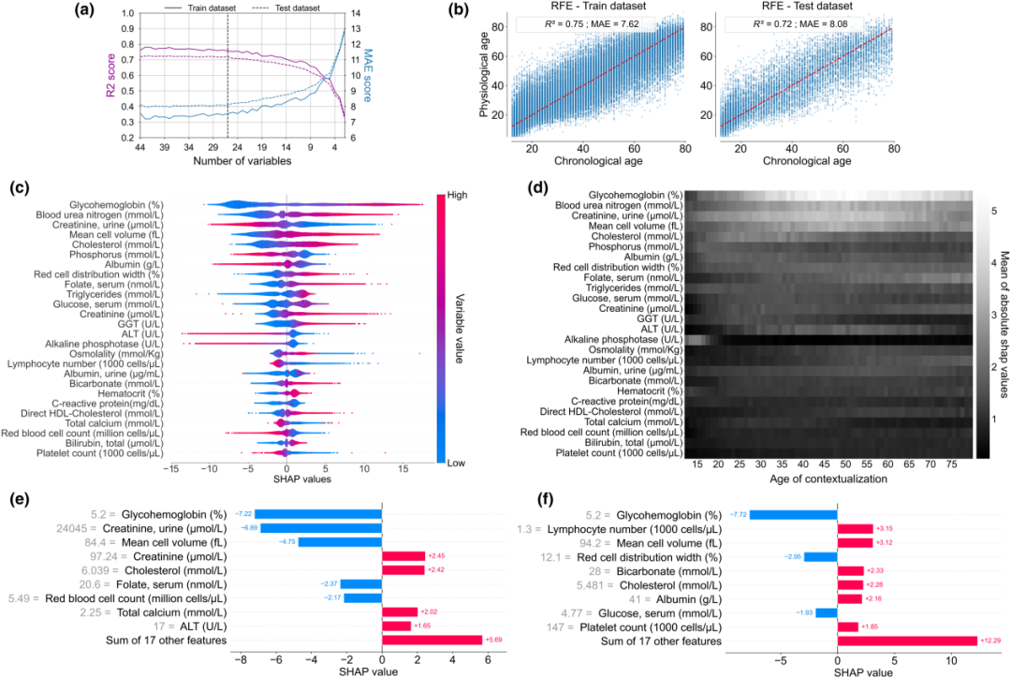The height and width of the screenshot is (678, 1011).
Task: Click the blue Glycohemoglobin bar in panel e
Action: (318, 513)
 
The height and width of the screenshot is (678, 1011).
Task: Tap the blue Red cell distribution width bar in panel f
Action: (820, 556)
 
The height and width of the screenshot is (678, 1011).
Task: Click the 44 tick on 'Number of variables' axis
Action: (140, 148)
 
